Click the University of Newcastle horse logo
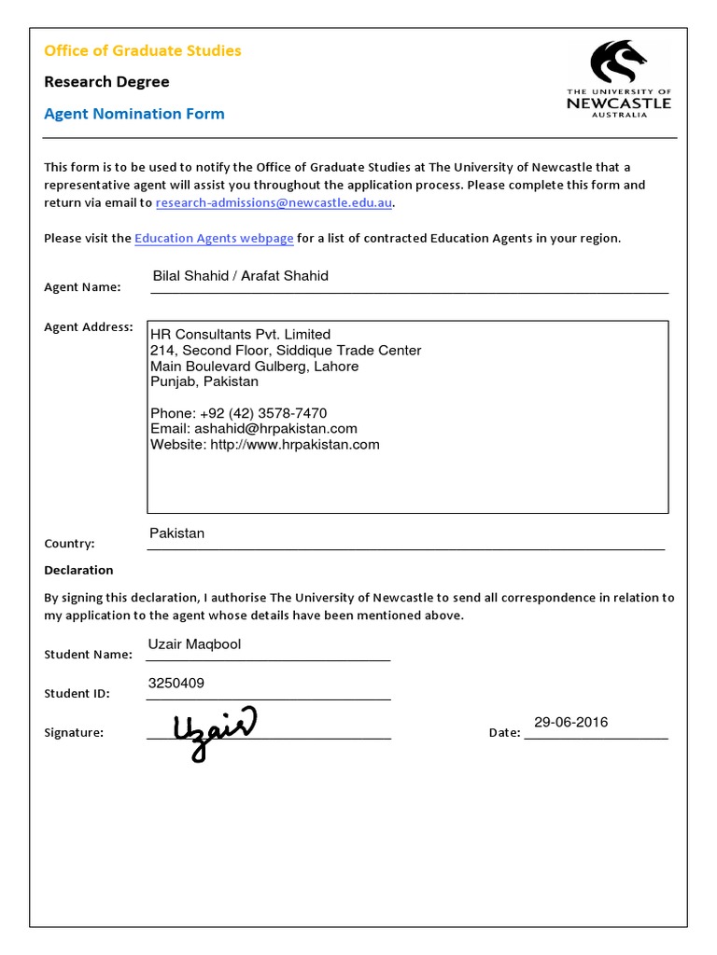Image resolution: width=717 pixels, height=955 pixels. tap(617, 63)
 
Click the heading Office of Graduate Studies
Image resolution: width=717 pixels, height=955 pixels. tap(143, 50)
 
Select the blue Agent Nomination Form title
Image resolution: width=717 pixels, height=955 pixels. tap(134, 114)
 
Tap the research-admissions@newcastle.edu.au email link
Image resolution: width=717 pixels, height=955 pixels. tap(274, 202)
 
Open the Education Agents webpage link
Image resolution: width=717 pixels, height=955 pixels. tap(214, 238)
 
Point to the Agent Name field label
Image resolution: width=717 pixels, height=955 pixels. tap(82, 287)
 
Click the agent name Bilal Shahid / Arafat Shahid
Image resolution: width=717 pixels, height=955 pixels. tap(240, 276)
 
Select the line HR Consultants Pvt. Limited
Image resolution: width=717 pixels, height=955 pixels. tap(240, 334)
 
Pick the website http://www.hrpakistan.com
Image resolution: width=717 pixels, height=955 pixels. tap(294, 444)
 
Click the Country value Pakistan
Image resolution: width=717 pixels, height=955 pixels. tap(176, 533)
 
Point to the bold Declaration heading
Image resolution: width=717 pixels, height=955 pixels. tap(78, 570)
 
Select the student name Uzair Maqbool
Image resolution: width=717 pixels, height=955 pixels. tap(194, 644)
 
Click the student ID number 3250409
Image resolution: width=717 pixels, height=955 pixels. tap(176, 683)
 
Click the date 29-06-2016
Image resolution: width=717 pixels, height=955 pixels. tap(570, 722)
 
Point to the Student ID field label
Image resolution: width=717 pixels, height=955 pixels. tap(77, 694)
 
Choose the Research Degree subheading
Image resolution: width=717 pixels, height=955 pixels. tap(106, 82)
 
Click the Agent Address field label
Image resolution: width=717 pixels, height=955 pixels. tap(89, 327)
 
